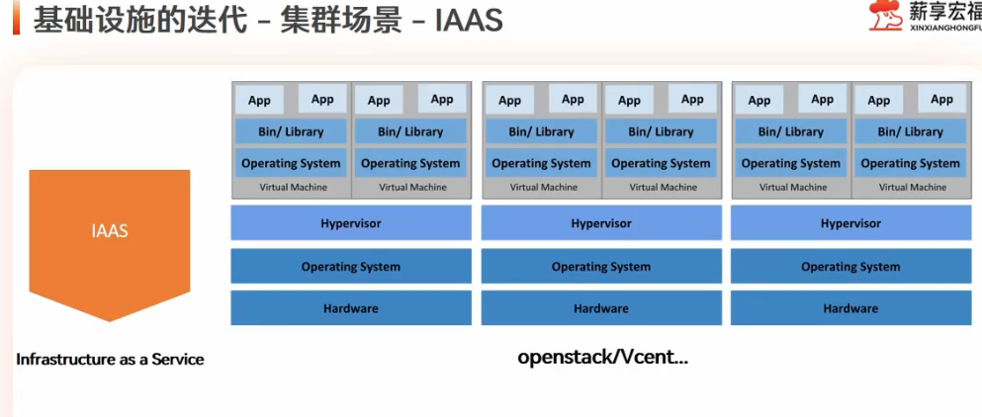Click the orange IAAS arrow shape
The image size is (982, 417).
tap(109, 237)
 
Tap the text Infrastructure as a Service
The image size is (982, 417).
tap(110, 359)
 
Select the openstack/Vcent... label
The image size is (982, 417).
tap(602, 357)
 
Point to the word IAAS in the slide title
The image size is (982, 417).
tap(469, 21)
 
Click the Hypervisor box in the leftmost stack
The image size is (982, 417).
tap(350, 223)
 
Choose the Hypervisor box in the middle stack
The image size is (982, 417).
tap(600, 223)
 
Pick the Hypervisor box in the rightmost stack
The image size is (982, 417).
tap(850, 223)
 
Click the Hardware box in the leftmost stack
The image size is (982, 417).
tap(350, 308)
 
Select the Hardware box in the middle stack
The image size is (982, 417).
tap(600, 308)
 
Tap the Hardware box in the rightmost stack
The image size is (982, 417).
tap(850, 308)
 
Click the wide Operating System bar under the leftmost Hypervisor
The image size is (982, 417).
tap(350, 266)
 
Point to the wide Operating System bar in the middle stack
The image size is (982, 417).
tap(600, 266)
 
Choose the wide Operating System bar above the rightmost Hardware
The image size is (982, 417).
tap(850, 266)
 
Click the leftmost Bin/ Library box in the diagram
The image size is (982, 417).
tap(292, 131)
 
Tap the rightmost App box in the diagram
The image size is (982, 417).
tap(941, 99)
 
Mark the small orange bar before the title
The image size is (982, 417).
tap(17, 21)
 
